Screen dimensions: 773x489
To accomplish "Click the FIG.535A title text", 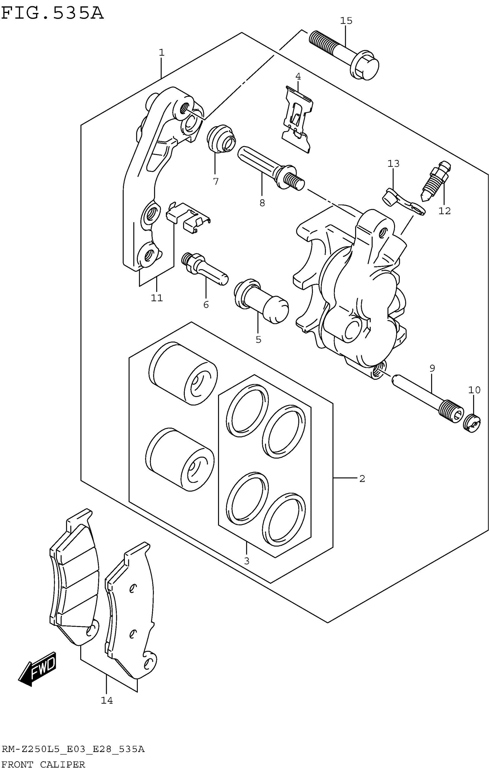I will click(52, 14).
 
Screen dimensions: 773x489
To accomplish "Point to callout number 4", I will click(298, 76).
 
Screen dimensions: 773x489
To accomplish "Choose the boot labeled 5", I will click(261, 302).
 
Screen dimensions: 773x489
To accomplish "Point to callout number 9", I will click(432, 368).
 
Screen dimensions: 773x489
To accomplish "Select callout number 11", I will click(157, 298).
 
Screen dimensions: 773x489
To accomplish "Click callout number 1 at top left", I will click(161, 52).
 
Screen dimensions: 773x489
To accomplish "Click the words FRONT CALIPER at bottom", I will click(43, 765).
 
